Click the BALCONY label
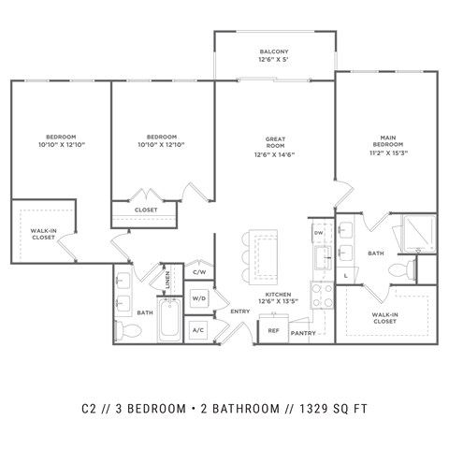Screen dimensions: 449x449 click(x=274, y=53)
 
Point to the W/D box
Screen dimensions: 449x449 click(x=199, y=298)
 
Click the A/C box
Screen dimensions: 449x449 click(x=199, y=330)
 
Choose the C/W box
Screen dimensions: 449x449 click(x=199, y=272)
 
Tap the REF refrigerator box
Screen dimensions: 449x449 click(x=274, y=330)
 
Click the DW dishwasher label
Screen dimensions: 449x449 click(x=318, y=232)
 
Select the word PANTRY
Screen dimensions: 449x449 click(x=302, y=333)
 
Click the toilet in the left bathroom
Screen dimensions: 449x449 click(x=135, y=330)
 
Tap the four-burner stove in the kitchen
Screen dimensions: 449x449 click(x=321, y=296)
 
